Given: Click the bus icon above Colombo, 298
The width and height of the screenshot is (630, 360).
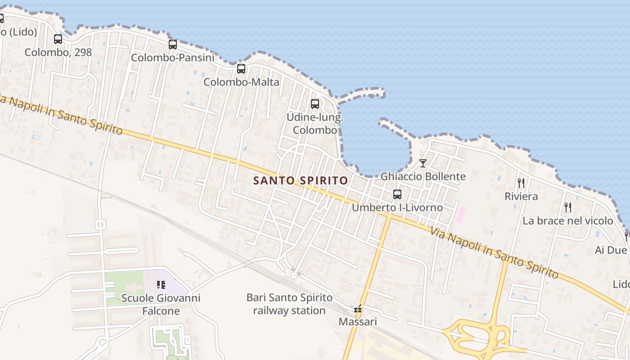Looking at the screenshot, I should click(58, 39).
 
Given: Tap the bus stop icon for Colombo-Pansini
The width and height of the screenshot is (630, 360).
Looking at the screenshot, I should click(173, 45).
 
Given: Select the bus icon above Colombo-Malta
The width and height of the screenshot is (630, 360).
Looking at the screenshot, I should click(241, 69).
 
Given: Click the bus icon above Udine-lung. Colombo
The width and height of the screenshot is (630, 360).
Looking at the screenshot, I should click(315, 104).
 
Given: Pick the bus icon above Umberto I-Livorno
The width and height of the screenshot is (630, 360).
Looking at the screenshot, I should click(397, 194).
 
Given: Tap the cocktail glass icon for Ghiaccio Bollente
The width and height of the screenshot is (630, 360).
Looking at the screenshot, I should click(423, 163).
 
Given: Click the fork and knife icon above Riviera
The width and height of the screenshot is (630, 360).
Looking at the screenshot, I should click(521, 183).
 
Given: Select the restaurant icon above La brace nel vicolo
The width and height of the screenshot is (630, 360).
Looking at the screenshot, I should click(568, 207).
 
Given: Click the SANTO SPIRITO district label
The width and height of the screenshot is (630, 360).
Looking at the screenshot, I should click(301, 181).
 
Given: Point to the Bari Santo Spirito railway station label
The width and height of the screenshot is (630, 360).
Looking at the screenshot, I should click(289, 304).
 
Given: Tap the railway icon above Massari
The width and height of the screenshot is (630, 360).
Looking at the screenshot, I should click(358, 310).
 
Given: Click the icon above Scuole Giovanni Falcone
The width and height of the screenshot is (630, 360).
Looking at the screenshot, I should click(161, 284).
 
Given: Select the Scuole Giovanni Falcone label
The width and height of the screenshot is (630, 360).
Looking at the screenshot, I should click(161, 305).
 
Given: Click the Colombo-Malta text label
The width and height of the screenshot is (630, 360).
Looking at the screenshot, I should click(241, 82).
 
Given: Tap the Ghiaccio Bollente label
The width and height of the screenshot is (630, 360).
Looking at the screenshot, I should click(423, 176).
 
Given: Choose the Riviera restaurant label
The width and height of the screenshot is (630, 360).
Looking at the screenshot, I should click(521, 196).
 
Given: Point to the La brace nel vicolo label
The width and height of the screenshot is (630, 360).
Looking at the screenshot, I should click(568, 220).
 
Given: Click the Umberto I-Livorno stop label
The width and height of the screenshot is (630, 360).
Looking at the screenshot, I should click(397, 207).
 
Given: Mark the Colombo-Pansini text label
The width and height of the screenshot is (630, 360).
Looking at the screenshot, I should click(173, 58).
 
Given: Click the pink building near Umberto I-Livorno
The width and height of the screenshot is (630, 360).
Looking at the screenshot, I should click(460, 214).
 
